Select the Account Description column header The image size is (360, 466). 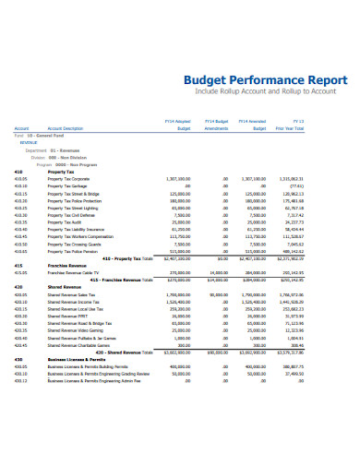66,128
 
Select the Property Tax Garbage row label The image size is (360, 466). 68,186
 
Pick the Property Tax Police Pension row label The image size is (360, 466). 73,250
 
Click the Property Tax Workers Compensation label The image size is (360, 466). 80,234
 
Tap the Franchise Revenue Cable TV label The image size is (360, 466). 73,273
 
